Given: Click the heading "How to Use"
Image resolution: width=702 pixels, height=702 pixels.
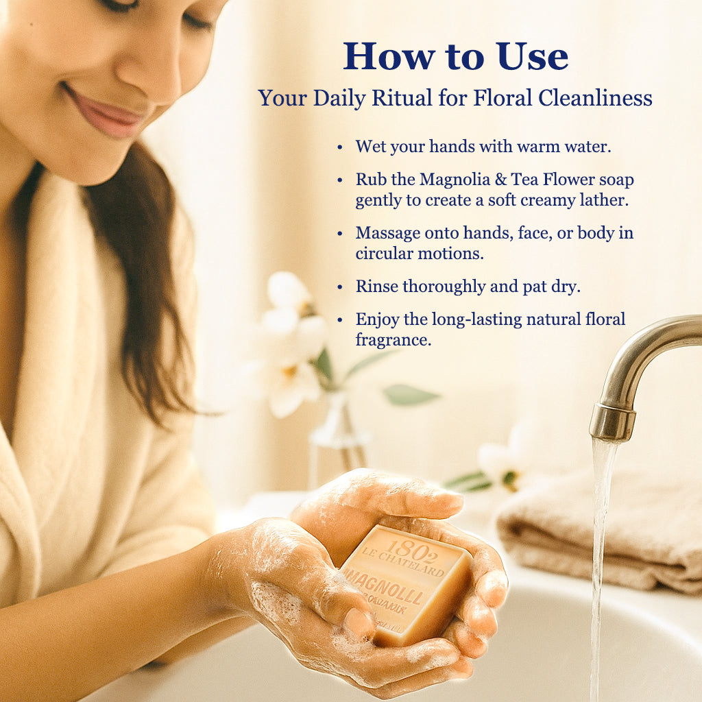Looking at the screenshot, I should (456, 56).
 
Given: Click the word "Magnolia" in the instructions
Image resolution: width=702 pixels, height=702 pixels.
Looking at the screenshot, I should (455, 180).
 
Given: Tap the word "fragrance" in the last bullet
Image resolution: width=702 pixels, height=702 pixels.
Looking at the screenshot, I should (393, 339).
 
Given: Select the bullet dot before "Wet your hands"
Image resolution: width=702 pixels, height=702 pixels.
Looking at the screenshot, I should (340, 147).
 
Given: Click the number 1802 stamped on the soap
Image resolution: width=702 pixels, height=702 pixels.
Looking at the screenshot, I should (409, 549).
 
